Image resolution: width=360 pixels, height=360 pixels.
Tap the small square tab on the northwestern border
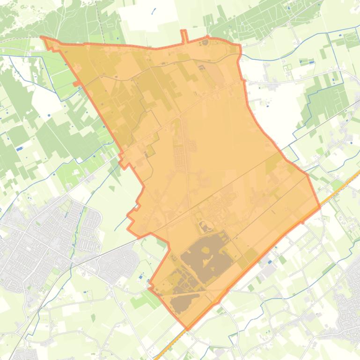coord(76,84)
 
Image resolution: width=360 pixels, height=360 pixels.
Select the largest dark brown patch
coord(206,257)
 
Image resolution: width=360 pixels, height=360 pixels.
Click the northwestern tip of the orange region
coord(42,37)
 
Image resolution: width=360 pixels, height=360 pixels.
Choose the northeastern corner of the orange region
coord(240,46)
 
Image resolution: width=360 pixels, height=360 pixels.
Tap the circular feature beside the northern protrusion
coord(205,43)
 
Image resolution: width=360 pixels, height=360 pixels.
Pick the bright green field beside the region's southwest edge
coord(145,299)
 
